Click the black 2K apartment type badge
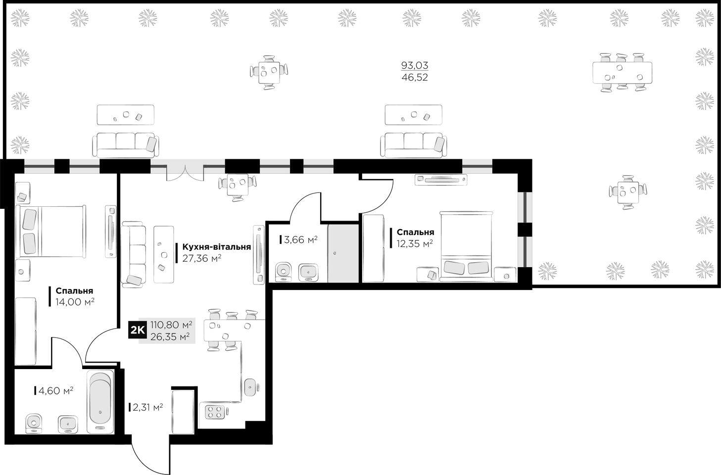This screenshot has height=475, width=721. click(x=138, y=330)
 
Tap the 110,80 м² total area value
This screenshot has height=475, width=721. click(x=172, y=325)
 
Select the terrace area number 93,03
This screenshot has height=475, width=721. click(x=415, y=65)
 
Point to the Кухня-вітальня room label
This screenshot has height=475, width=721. click(x=217, y=247)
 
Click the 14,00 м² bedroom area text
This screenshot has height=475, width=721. click(x=75, y=302)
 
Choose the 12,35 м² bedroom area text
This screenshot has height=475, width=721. click(x=415, y=243)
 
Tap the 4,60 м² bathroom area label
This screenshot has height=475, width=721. click(x=56, y=391)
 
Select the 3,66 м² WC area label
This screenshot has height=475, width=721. click(x=301, y=240)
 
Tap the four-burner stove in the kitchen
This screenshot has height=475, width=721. click(x=215, y=412)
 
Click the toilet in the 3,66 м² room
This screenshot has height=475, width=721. click(x=284, y=272)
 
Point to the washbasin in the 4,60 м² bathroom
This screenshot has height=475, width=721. click(x=68, y=425)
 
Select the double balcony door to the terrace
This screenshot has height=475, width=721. click(x=185, y=173)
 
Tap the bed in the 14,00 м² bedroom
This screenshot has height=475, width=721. click(x=51, y=232)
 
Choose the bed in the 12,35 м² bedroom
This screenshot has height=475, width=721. click(x=466, y=246)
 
